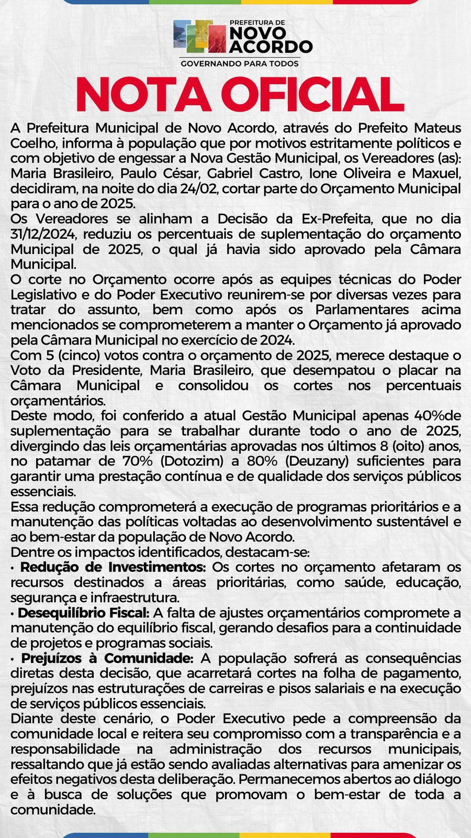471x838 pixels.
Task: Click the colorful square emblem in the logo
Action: pyautogui.click(x=199, y=36)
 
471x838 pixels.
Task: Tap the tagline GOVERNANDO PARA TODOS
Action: pyautogui.click(x=240, y=63)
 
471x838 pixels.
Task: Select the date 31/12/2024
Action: pyautogui.click(x=43, y=234)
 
